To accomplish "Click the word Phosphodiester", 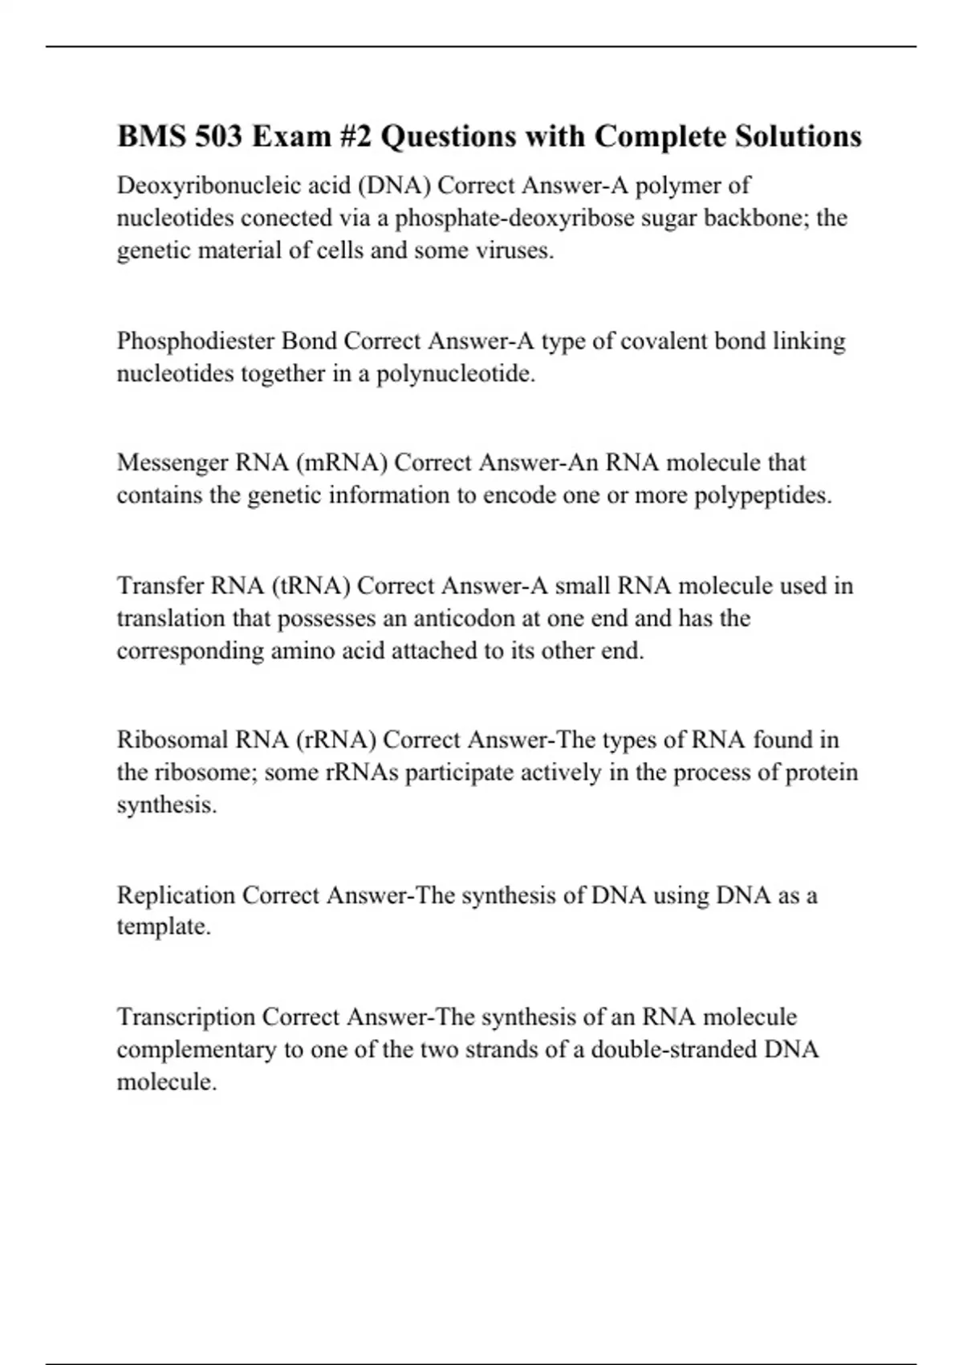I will point(195,341).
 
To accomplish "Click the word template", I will point(164,927).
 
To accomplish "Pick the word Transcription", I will point(186,1017).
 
